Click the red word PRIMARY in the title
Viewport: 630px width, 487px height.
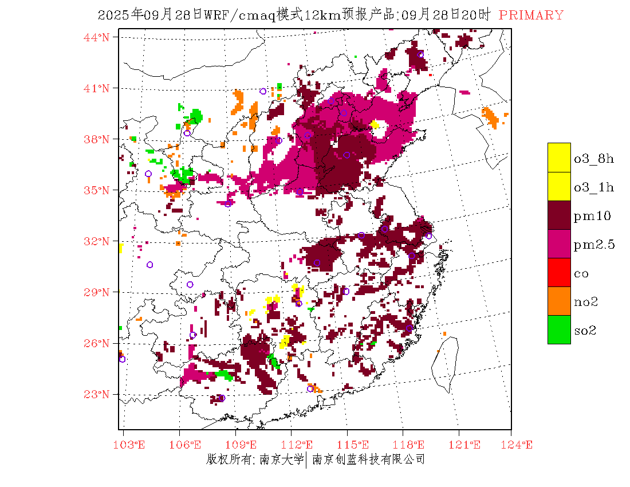[531, 15]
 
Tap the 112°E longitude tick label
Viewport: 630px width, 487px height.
[301, 445]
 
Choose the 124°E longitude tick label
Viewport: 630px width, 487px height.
[518, 445]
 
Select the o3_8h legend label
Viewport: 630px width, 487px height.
[594, 159]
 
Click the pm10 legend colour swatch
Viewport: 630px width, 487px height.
[559, 215]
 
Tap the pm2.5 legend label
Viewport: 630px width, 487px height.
[594, 245]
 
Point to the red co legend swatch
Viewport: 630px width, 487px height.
[559, 273]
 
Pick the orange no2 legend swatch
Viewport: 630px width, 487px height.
[559, 301]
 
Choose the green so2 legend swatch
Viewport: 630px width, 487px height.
[559, 330]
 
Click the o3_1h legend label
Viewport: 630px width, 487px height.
[594, 187]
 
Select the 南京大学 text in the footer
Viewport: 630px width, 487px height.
[281, 459]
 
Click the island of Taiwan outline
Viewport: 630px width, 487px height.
[446, 361]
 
